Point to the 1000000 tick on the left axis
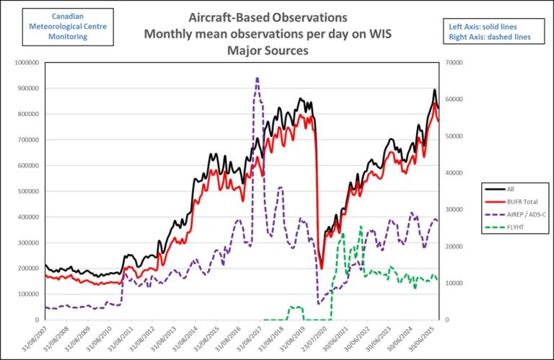point(26,63)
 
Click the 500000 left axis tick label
point(28,191)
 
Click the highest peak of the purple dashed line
point(257,78)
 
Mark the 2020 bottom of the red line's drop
point(322,267)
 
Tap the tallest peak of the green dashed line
point(361,227)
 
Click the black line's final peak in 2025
point(434,90)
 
